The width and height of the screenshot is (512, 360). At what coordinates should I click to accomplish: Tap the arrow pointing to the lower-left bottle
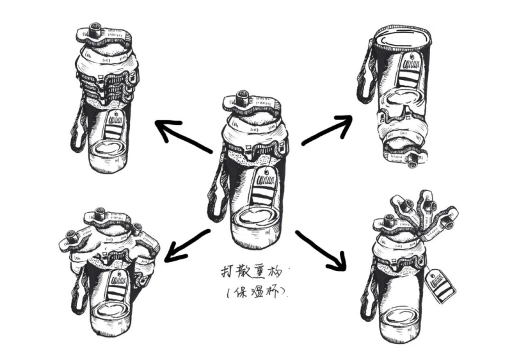187,244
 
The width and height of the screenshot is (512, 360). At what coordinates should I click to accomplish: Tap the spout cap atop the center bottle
242,100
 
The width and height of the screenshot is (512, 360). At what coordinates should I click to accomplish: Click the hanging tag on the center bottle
264,183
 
